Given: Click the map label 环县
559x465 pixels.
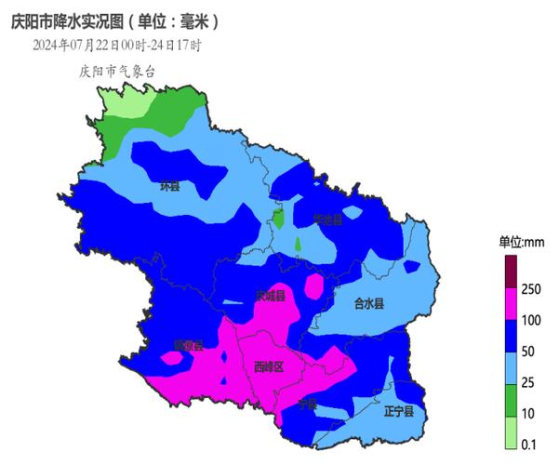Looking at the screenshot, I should (169, 186).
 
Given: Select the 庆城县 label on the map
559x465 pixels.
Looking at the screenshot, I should (270, 296).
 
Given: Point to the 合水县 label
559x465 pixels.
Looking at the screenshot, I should (369, 303).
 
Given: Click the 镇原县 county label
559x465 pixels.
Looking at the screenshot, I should (188, 345).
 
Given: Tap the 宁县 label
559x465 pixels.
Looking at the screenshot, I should (308, 405).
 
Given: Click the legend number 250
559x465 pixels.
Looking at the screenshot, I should (531, 290).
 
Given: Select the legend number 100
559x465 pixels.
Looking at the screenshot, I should (531, 321).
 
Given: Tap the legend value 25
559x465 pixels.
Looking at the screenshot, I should (529, 382).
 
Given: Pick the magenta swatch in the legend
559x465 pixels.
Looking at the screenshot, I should (510, 305).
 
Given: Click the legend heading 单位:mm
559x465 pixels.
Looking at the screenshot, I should (521, 242).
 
